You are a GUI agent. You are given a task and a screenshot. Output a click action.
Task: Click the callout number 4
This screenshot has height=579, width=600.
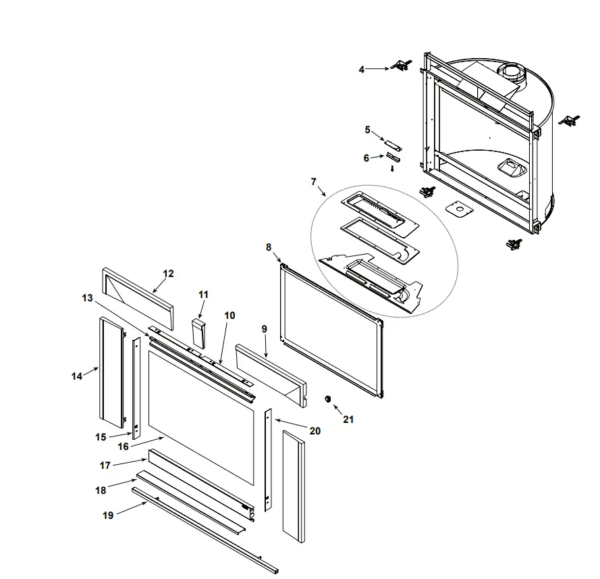click(362, 69)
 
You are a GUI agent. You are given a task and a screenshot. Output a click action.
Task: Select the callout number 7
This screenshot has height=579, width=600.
click(313, 182)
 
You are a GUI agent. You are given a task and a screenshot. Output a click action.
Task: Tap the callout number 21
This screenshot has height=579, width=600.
click(348, 419)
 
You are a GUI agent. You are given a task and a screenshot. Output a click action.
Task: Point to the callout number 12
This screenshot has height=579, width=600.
click(168, 274)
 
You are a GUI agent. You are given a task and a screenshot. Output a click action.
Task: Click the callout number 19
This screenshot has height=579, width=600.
click(108, 515)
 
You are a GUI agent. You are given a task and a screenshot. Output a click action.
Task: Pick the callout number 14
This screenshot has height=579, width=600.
click(77, 376)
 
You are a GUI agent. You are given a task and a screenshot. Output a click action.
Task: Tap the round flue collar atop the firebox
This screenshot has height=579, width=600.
click(513, 73)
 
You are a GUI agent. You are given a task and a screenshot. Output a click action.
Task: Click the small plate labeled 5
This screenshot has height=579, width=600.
click(393, 145)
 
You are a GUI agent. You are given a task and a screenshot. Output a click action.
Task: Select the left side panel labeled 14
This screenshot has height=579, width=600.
click(111, 375)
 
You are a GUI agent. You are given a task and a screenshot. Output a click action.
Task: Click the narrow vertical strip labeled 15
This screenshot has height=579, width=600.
click(136, 388)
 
